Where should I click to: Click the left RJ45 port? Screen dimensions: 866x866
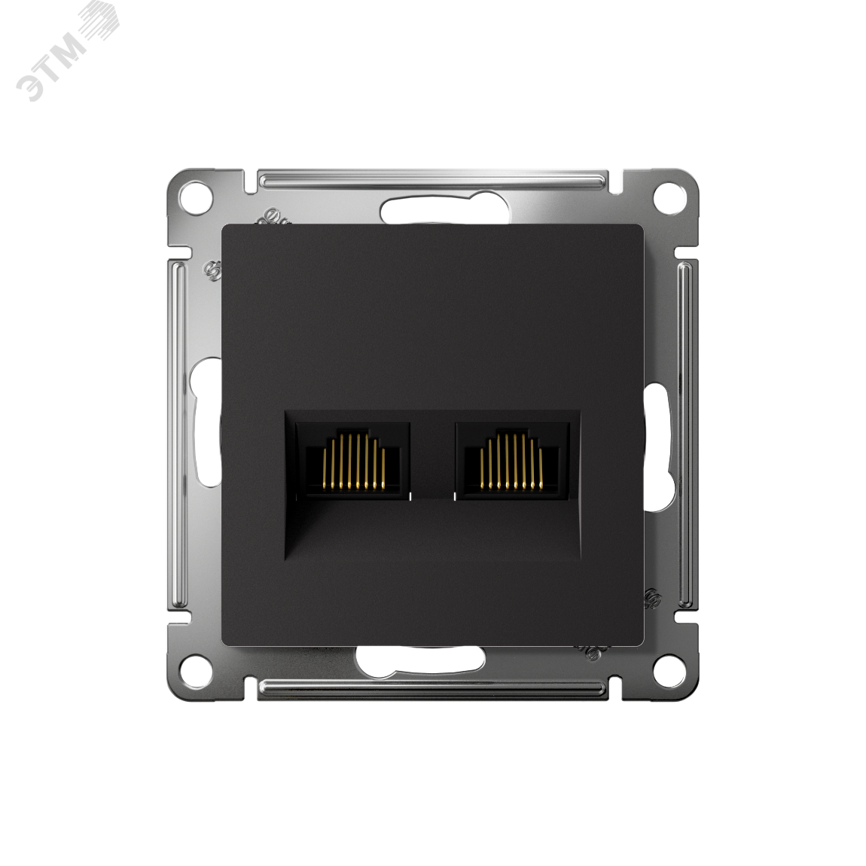[353, 461]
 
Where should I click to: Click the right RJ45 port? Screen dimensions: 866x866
[512, 461]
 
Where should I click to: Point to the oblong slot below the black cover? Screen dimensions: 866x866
[420, 660]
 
